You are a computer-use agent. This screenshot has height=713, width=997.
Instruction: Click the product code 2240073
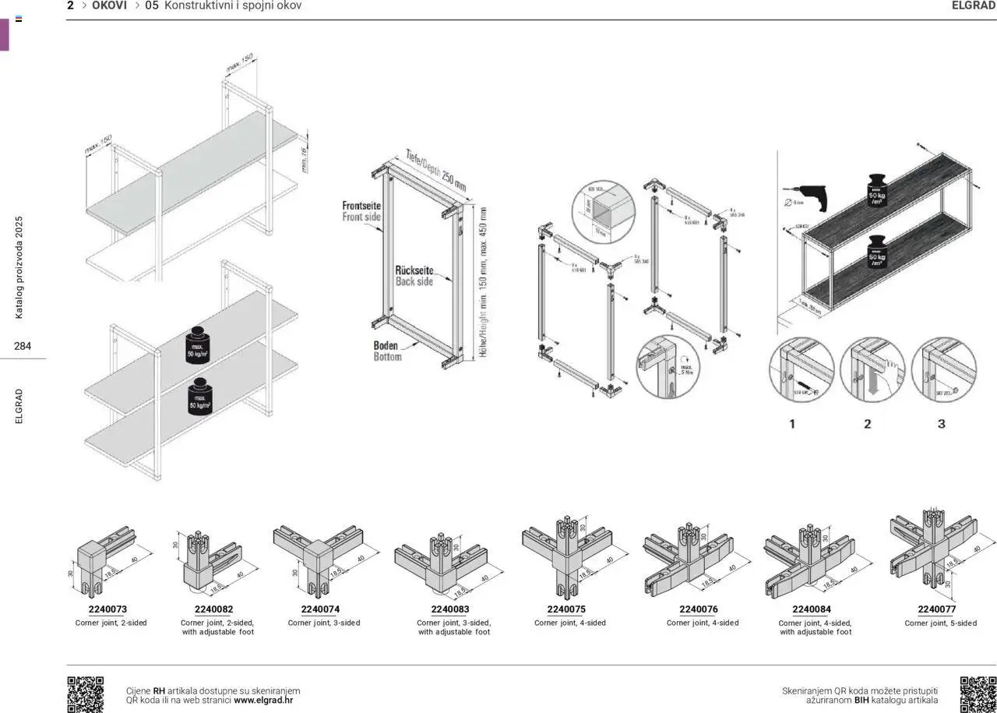[108, 609]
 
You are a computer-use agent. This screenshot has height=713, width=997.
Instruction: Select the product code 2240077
[936, 609]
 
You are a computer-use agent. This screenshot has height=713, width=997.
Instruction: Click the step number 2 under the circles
[867, 424]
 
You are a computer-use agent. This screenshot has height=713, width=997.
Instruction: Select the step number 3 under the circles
[941, 424]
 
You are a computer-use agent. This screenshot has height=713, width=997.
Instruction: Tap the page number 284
[23, 346]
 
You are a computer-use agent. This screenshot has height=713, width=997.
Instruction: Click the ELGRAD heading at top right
[973, 5]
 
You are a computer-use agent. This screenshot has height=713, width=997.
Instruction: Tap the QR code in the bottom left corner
[85, 694]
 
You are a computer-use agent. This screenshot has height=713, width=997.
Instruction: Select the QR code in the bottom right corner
[978, 694]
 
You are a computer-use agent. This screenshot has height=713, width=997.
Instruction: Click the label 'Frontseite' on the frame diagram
[361, 206]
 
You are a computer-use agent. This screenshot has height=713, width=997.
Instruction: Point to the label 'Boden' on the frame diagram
[386, 345]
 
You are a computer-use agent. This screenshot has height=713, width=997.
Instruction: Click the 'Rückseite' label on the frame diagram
[414, 270]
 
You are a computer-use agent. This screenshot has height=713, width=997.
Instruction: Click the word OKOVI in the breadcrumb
[109, 5]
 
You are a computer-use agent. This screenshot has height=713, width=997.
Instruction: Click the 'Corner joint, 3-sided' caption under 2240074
[324, 623]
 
